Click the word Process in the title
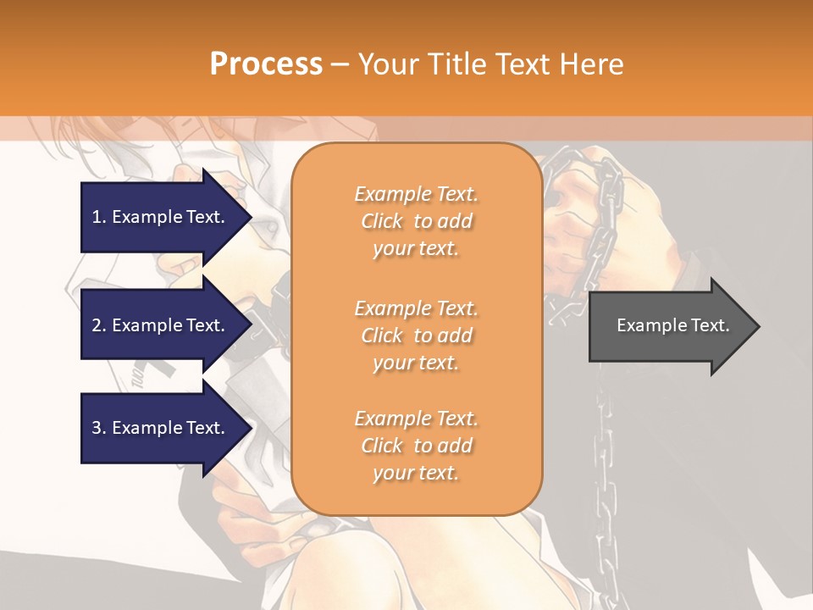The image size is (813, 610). click(266, 64)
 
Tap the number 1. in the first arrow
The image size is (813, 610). click(99, 217)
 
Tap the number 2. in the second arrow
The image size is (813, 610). click(99, 325)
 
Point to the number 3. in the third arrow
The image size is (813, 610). click(99, 428)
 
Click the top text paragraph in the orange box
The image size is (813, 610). click(416, 221)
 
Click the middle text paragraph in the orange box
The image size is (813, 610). click(416, 335)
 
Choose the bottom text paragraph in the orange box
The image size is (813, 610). click(416, 446)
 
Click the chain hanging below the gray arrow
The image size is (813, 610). click(605, 474)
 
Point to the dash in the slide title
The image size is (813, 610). click(340, 64)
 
